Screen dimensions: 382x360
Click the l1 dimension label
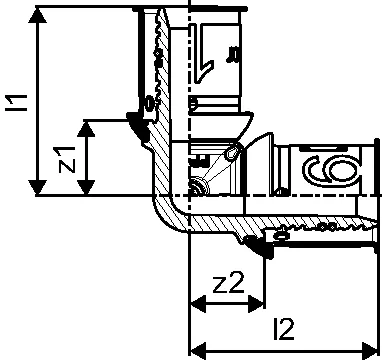coord(16,103)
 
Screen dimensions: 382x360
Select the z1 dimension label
coord(67,160)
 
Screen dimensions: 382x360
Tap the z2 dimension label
coord(228,282)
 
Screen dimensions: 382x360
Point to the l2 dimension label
coord(284,329)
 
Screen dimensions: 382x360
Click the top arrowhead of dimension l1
coord(37,15)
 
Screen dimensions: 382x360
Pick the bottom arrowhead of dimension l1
coord(37,187)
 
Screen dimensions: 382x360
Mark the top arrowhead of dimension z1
coord(86,129)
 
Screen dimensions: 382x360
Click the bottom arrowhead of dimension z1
coord(86,187)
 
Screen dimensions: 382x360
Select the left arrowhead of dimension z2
coord(198,304)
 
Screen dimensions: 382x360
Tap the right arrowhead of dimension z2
coord(256,304)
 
